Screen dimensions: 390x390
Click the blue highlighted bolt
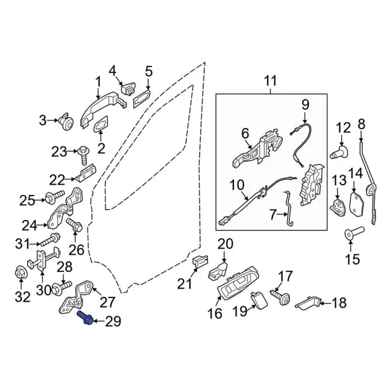pos(85,318)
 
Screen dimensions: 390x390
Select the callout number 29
pos(113,321)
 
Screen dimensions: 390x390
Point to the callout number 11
pos(271,80)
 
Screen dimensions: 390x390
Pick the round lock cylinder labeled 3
pos(66,122)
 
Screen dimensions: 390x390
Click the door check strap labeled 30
pos(44,259)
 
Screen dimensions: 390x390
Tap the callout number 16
pos(214,314)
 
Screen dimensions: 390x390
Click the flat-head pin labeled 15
pos(354,233)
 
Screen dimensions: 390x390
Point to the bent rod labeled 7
pos(288,209)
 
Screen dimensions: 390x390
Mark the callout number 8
pos(361,124)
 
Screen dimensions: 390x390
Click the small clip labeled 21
pos(200,263)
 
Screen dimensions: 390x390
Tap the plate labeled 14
pos(356,204)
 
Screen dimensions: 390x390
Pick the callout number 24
pos(29,226)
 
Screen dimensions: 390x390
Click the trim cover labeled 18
pos(307,303)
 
